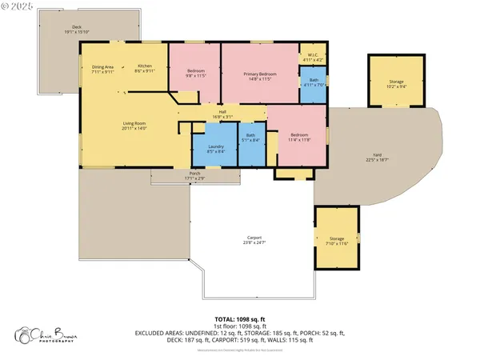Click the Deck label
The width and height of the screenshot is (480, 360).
[77, 30]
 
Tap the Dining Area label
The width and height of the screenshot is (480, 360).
[103, 69]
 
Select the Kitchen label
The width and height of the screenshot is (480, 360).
[144, 68]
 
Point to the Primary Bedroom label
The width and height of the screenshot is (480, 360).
[258, 76]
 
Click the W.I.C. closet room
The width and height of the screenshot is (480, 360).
[311, 58]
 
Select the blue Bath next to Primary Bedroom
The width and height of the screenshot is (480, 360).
[312, 86]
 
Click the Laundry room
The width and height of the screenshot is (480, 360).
[215, 149]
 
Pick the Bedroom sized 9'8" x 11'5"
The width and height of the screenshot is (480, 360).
[196, 74]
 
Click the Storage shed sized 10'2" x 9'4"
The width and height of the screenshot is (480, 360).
[397, 82]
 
